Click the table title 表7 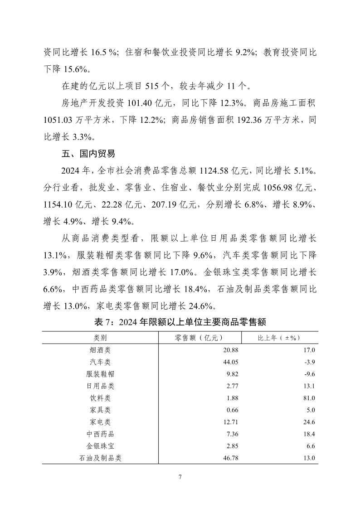coord(180,322)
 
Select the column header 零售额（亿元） coord(199,338)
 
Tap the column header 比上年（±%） coord(280,338)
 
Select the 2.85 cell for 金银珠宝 coord(232,446)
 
